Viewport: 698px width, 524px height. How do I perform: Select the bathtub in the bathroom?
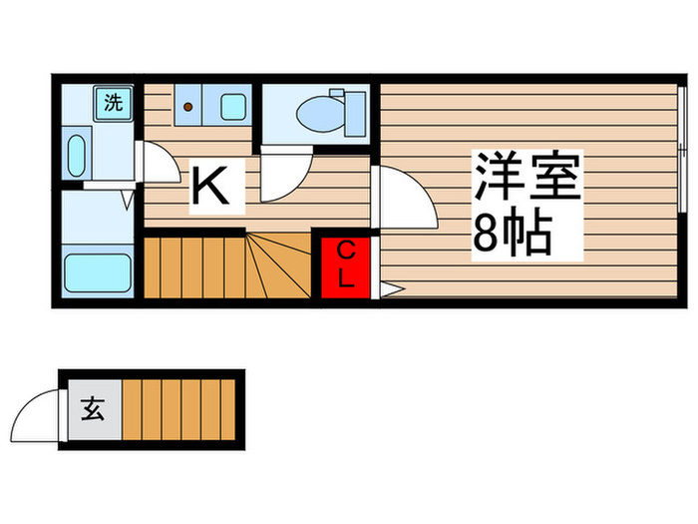tap(98, 271)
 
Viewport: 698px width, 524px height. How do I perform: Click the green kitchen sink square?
tap(233, 105)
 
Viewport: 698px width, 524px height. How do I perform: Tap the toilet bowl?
tap(318, 112)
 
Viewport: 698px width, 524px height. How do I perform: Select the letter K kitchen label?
tap(216, 187)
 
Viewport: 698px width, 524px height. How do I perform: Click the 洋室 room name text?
tap(527, 181)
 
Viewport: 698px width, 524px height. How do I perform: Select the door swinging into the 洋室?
tap(404, 198)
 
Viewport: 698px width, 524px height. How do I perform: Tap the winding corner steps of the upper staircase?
tap(280, 264)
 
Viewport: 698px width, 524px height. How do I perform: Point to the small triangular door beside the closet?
tap(390, 289)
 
